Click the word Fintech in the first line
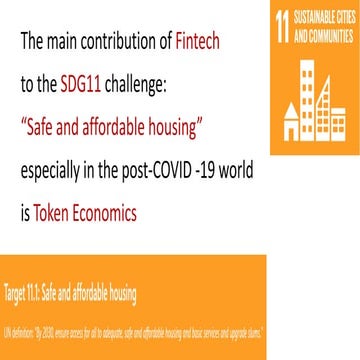[x=203, y=43]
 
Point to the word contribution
[x=116, y=43]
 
